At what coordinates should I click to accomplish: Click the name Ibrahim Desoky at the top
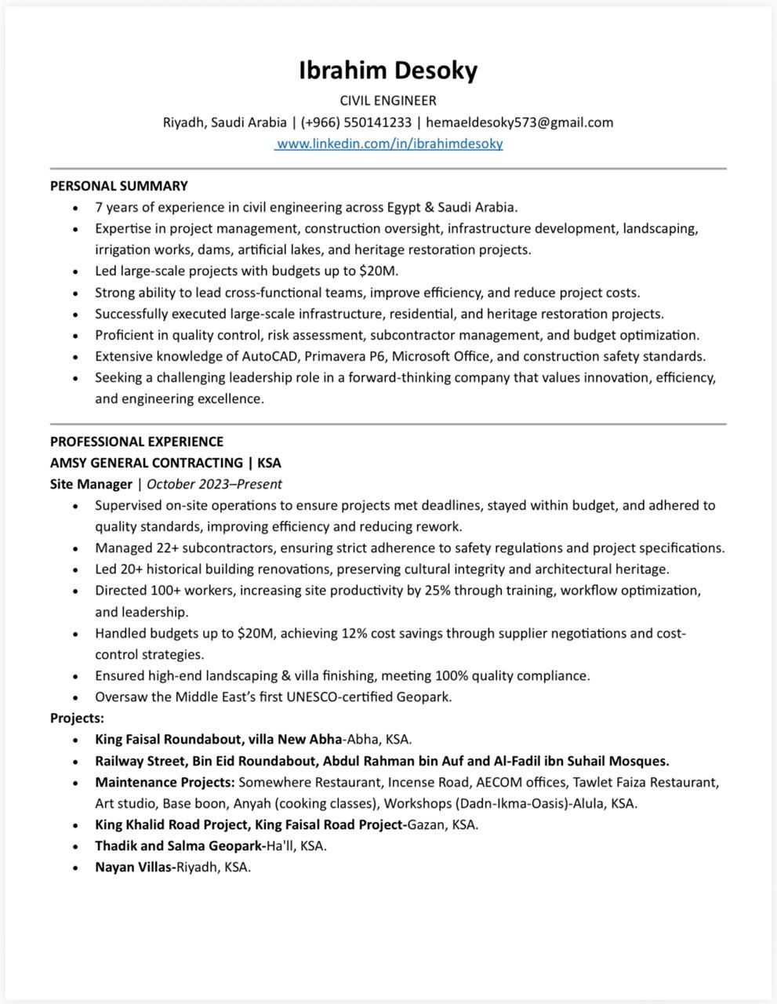click(x=388, y=71)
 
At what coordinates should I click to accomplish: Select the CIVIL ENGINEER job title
click(x=388, y=100)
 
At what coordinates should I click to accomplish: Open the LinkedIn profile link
click(x=390, y=144)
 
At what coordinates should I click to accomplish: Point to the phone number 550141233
click(x=377, y=122)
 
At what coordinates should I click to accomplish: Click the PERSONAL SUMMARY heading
click(x=119, y=186)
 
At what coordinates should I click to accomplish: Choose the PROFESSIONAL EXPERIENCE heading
click(x=136, y=442)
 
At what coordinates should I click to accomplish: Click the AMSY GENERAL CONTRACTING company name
click(x=147, y=463)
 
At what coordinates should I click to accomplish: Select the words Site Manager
click(x=91, y=484)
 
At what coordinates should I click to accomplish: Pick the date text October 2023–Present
click(x=214, y=484)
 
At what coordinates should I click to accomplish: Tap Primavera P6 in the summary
click(x=343, y=356)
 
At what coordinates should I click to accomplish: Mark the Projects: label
click(x=77, y=718)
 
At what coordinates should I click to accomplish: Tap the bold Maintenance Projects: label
click(x=165, y=782)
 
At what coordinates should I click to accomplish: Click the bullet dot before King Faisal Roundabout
click(x=75, y=740)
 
